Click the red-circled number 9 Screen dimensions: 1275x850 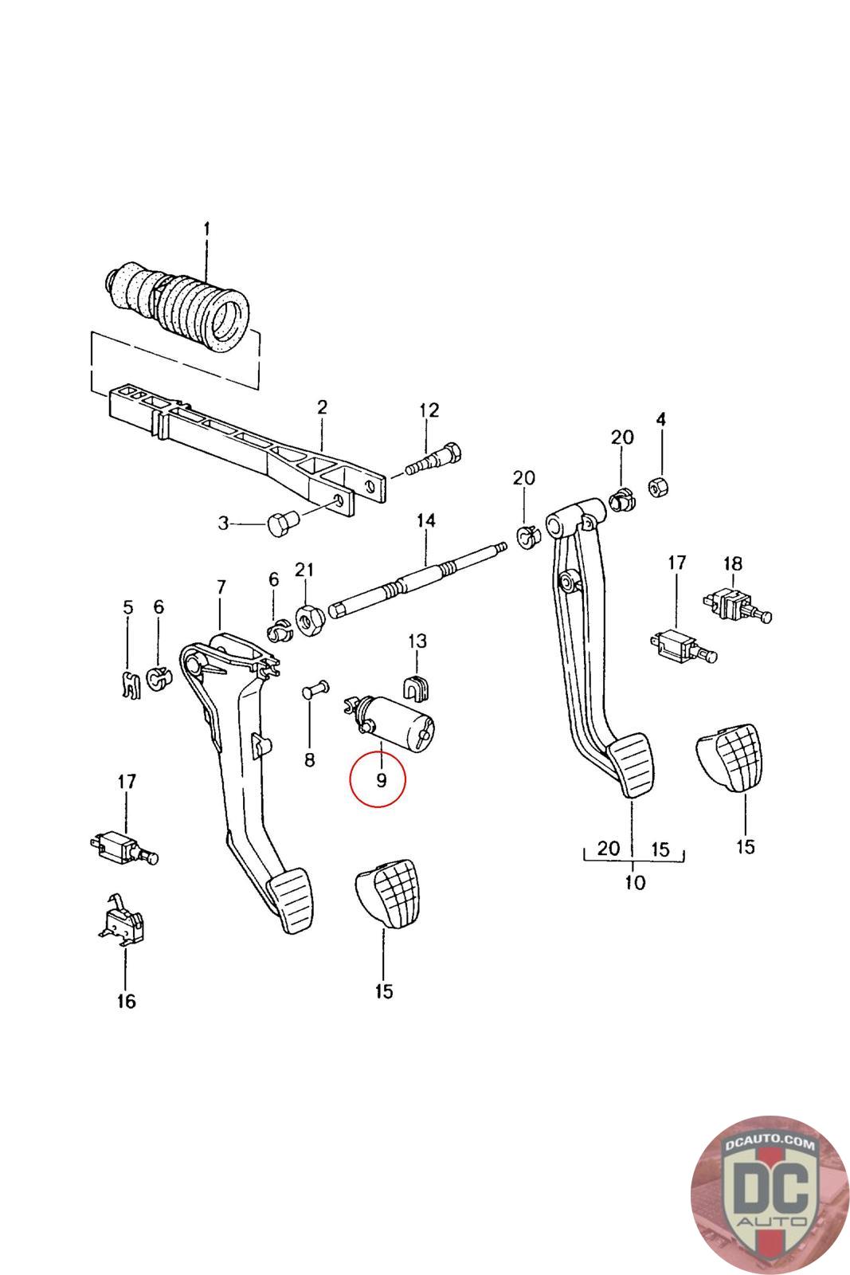[x=381, y=780]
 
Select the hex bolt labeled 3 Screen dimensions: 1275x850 [x=280, y=524]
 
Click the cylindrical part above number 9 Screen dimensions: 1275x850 [x=396, y=720]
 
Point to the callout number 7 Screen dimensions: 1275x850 [x=221, y=587]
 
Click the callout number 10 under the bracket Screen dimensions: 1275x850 [x=635, y=882]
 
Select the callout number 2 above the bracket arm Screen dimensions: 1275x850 [x=322, y=407]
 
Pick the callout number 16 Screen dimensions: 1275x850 [x=126, y=1001]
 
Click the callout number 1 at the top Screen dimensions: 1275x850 [x=206, y=229]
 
